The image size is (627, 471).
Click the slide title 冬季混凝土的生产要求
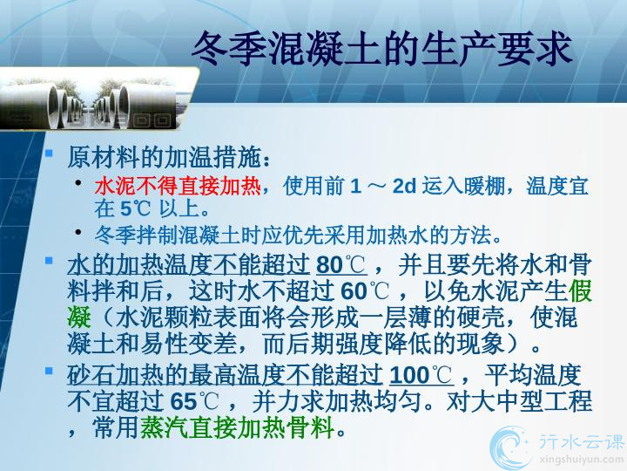pos(382,49)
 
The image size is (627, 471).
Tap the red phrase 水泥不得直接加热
pos(178,187)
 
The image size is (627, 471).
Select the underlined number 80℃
pos(341,265)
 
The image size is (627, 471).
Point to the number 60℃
pos(365,290)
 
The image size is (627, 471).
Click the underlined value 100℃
pos(421,375)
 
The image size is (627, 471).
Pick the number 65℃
pos(194,401)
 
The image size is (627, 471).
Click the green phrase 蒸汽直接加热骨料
pos(237,427)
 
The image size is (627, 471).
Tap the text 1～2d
pos(383,187)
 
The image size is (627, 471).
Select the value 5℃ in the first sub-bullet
pos(136,208)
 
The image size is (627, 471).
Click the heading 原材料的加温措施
pos(164,157)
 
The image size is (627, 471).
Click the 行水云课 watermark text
pos(582,441)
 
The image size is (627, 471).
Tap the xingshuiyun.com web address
pos(582,460)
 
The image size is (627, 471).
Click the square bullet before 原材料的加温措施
pos(49,153)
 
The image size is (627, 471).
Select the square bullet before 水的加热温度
pos(49,261)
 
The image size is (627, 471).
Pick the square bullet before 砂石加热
pos(49,371)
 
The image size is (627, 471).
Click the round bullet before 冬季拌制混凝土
pos(78,231)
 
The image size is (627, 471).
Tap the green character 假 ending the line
pos(580,290)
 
